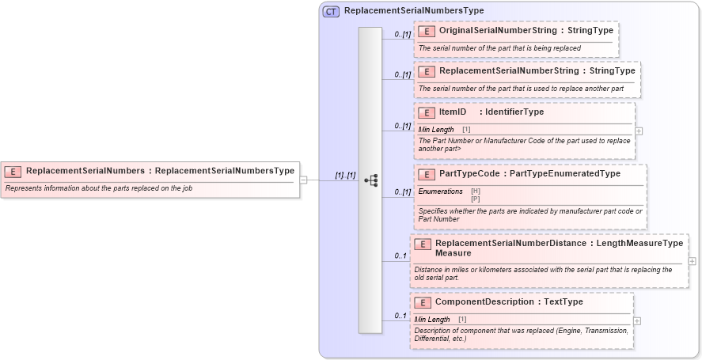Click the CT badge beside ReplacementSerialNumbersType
point(331,11)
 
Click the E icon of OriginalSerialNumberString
point(427,31)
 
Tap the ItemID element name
point(452,112)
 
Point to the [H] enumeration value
point(475,191)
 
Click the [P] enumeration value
point(475,199)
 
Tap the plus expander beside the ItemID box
point(639,131)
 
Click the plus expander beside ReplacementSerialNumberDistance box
point(692,261)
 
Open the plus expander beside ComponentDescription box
point(637,320)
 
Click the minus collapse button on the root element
point(303,180)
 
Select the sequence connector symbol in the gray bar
point(370,180)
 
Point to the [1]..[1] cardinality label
point(345,175)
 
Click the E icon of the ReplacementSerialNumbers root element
point(13,171)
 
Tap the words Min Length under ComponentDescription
point(432,319)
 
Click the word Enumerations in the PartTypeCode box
point(440,191)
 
